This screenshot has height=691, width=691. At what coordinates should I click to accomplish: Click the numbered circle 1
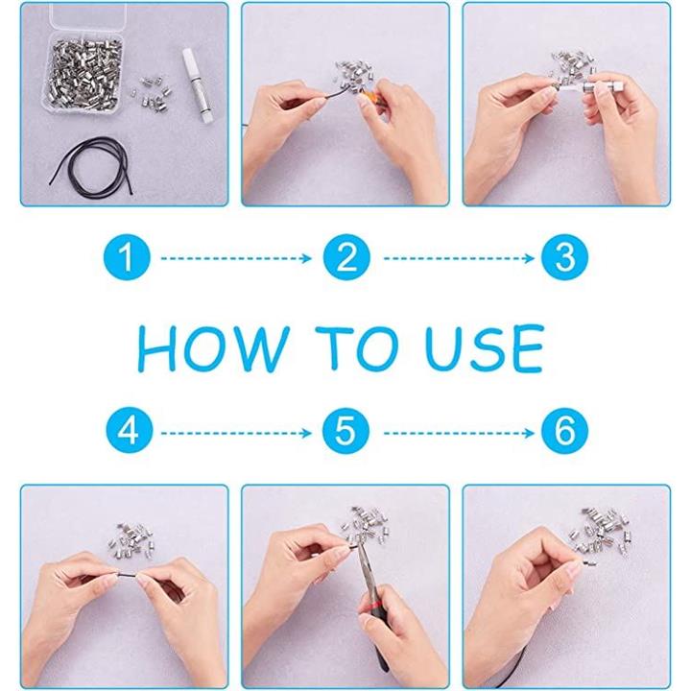tap(127, 257)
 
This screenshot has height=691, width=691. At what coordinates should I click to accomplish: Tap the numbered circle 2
tap(346, 257)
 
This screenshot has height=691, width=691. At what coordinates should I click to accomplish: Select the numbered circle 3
tap(565, 257)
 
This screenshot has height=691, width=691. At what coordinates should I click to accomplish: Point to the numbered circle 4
tap(130, 431)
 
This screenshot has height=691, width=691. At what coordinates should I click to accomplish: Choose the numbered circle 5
tap(345, 431)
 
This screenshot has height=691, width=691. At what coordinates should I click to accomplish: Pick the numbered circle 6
tap(565, 431)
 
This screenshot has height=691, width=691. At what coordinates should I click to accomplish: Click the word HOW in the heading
tap(214, 349)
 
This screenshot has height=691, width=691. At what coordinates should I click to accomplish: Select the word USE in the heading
tap(484, 349)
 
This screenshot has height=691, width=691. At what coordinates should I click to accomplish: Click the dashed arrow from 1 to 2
tap(236, 258)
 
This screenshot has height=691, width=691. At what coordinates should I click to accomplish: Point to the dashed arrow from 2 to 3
tap(459, 258)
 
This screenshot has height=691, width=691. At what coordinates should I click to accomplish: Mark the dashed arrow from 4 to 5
tap(236, 434)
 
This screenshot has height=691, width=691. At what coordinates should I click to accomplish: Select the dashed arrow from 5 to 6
tap(459, 434)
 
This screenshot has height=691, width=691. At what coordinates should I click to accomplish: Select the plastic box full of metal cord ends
tap(83, 75)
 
